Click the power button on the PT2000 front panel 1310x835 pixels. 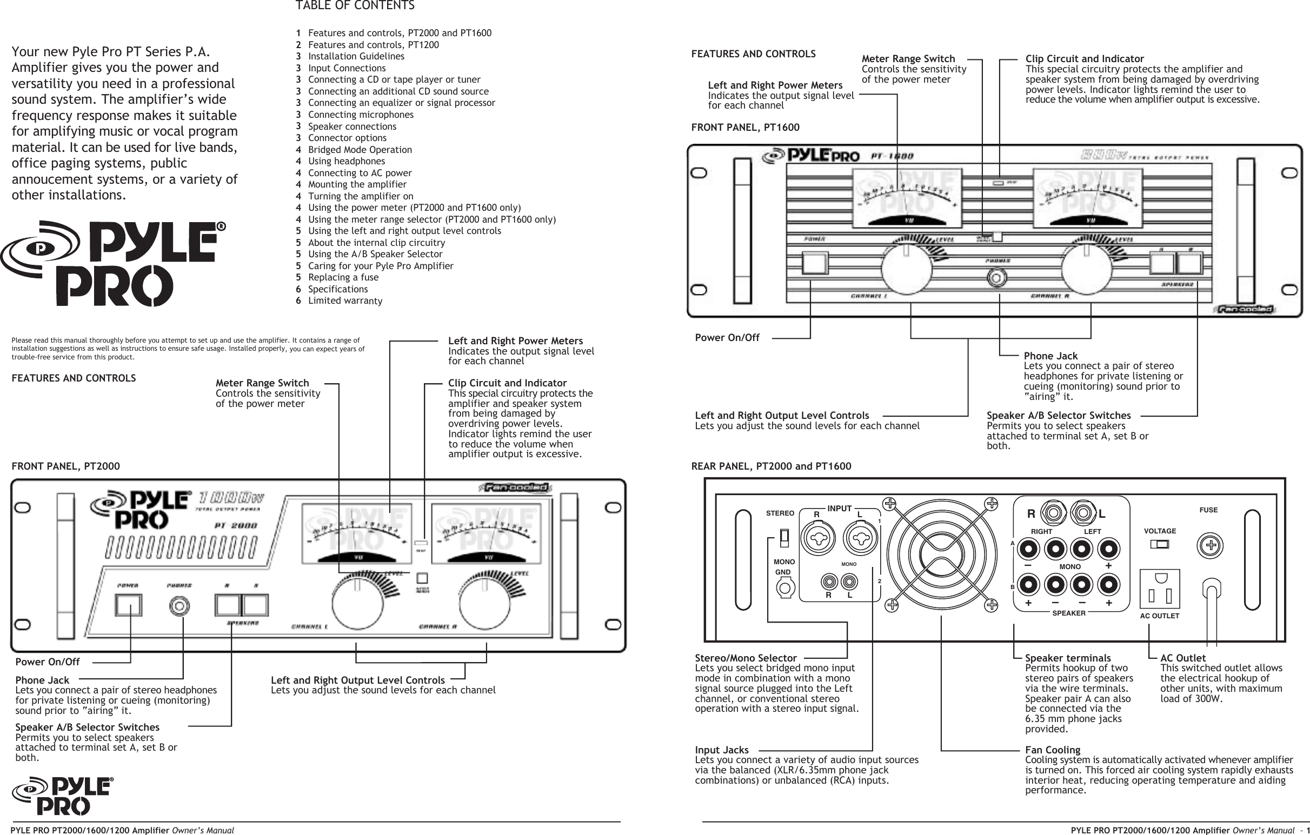(x=128, y=605)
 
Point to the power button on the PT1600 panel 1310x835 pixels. (x=814, y=263)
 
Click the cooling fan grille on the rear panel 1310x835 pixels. (x=941, y=555)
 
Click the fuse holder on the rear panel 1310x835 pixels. (x=1211, y=546)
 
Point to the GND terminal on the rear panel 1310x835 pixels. (x=784, y=587)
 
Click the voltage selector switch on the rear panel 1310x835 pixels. (x=1159, y=544)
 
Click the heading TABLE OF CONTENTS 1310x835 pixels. (x=355, y=6)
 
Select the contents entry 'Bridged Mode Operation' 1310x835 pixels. (x=360, y=150)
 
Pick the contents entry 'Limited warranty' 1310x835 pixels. (x=345, y=301)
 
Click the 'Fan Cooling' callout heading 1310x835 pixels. (x=1052, y=750)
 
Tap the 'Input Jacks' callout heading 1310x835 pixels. (x=721, y=750)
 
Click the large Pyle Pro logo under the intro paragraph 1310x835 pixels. (x=113, y=263)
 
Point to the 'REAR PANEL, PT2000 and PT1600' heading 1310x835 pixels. (x=771, y=466)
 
